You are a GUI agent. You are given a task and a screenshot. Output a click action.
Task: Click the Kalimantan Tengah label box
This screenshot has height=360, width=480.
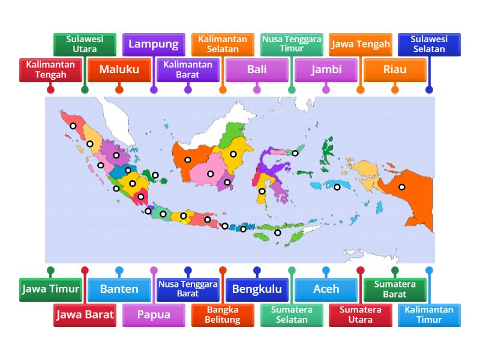point(50,70)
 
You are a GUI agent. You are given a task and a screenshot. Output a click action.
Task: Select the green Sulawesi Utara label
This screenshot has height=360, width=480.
point(85,44)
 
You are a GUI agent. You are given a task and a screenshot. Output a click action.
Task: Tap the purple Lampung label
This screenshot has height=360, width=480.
point(154,44)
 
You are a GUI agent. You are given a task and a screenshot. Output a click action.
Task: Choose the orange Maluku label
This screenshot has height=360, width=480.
point(119,70)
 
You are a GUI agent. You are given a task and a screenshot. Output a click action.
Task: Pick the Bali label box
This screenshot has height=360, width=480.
point(257,70)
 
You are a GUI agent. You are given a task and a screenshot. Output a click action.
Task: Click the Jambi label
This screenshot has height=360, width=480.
point(326,70)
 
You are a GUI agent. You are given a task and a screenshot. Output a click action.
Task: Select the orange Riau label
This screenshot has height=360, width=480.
point(395,70)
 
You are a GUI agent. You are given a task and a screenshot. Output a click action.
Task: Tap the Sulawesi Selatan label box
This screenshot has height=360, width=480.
point(429,44)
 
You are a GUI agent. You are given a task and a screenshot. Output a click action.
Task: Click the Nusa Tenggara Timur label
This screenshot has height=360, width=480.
point(292,44)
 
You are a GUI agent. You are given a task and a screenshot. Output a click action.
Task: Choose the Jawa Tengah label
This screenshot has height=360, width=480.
point(361,44)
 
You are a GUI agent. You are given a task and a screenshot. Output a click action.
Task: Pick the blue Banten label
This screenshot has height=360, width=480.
point(119,289)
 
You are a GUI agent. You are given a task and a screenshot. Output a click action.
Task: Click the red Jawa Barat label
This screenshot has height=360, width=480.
point(85,314)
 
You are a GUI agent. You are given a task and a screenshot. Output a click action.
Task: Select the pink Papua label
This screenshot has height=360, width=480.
point(154,314)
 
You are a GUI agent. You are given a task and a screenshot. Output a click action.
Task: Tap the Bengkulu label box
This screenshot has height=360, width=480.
point(257,289)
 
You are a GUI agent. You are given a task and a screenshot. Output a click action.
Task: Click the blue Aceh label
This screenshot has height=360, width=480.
point(326,289)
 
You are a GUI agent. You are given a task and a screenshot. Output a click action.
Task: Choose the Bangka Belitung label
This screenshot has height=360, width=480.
point(223,314)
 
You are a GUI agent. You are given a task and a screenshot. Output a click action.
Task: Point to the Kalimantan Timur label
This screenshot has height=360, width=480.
point(429,314)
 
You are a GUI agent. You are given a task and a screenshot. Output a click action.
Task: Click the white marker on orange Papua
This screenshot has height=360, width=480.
point(402,187)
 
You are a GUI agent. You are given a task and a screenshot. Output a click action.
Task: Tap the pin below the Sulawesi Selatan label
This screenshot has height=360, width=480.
point(429,90)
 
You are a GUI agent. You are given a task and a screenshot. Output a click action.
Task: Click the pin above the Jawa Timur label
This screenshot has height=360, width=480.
point(50,270)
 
